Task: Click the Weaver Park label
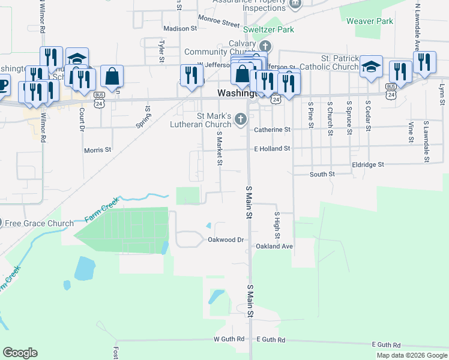point(370,22)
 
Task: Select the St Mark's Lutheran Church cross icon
point(241,119)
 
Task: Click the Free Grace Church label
point(39,224)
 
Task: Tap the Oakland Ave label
point(274,246)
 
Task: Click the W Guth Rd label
point(229,339)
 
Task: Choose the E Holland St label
point(272,148)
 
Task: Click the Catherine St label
point(272,129)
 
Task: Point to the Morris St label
point(98,150)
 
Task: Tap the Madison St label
point(180,28)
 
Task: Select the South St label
point(322,174)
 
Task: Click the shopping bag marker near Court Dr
point(112,76)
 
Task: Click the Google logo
point(20,353)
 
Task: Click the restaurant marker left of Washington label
point(191,76)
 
